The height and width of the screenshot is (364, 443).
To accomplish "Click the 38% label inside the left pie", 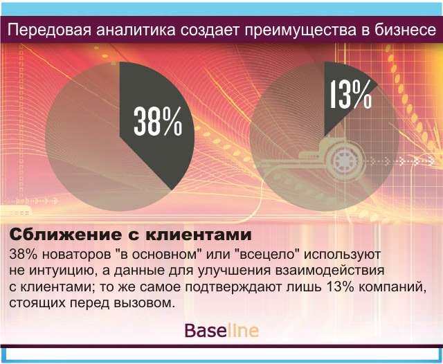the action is pos(158,122).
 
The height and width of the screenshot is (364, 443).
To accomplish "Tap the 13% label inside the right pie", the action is pos(351,94).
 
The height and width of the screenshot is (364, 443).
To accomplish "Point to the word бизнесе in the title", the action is pos(406,30).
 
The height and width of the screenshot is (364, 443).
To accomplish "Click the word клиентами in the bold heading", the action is pos(199,235).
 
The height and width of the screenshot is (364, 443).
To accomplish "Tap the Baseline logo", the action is pos(221,330).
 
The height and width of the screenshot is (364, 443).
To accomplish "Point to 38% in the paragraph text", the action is pos(24,255).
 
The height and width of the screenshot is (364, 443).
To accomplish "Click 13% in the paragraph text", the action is pos(341,287).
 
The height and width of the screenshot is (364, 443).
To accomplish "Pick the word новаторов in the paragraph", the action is pos(77,255).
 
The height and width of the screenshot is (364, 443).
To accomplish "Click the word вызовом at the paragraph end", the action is pos(143,304).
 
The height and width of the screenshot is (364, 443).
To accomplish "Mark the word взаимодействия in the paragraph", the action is pos(329,271).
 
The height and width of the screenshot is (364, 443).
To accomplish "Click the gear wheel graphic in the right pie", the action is pos(344,161).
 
